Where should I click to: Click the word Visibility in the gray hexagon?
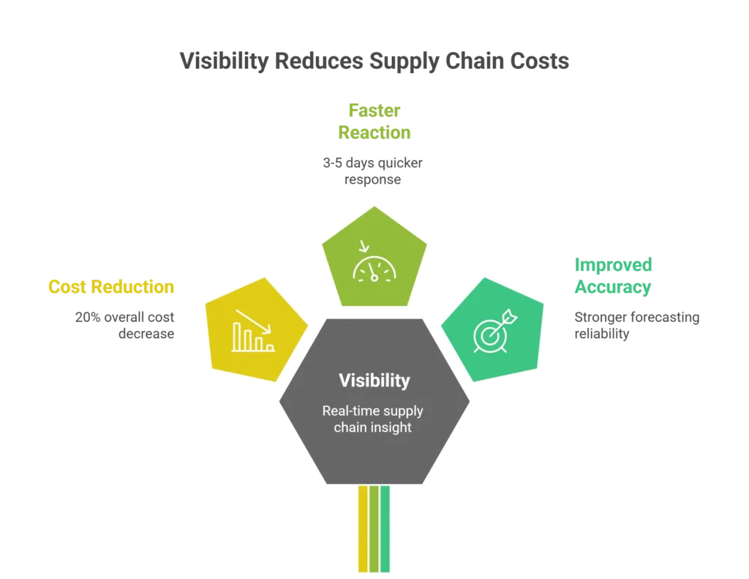tap(374, 381)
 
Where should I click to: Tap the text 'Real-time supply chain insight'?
tap(373, 419)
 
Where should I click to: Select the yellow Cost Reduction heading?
tap(111, 287)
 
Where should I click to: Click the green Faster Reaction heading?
tap(374, 122)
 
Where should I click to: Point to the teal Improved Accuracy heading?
tap(613, 276)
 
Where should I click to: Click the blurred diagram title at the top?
tap(374, 60)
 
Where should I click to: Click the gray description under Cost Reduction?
tap(123, 324)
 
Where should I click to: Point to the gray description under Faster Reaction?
tap(374, 170)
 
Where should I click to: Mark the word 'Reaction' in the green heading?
tap(374, 132)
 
